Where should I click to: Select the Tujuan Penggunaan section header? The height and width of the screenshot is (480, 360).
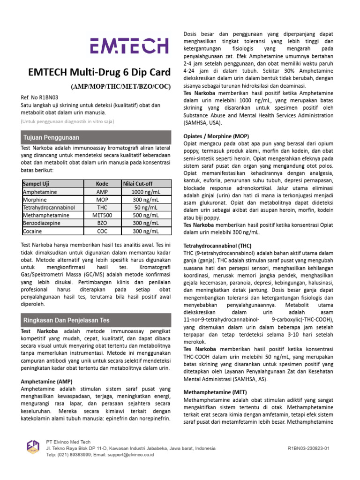click(x=52, y=138)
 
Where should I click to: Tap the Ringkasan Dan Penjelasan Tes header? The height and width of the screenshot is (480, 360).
click(x=66, y=321)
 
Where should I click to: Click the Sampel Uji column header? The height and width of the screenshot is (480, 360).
click(x=36, y=184)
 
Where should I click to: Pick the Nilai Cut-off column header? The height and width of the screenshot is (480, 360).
click(x=138, y=184)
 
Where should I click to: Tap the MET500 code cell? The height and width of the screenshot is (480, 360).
click(x=102, y=216)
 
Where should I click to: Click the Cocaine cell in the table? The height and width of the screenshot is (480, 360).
click(x=32, y=231)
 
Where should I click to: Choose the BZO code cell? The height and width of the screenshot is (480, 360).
click(x=102, y=224)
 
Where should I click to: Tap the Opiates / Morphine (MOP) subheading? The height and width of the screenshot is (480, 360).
click(x=215, y=135)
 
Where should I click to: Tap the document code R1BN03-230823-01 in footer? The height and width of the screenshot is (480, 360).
click(x=308, y=449)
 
